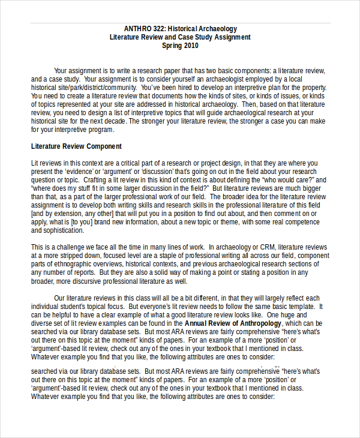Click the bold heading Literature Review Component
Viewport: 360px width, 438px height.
76,146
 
